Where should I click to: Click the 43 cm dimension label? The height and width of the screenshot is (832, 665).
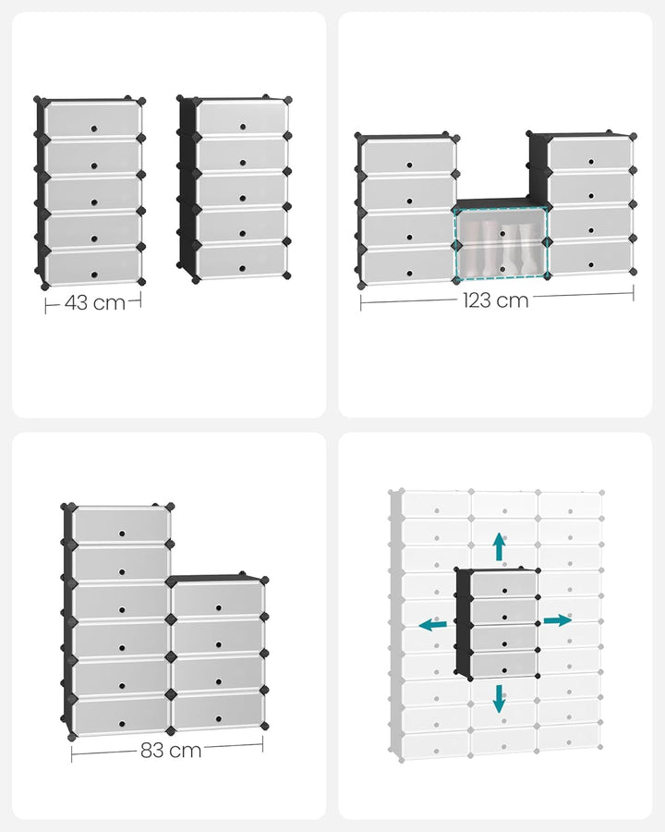pyautogui.click(x=95, y=302)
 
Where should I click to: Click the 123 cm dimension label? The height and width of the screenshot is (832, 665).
pyautogui.click(x=497, y=300)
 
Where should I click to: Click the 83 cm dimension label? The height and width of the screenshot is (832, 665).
pyautogui.click(x=172, y=751)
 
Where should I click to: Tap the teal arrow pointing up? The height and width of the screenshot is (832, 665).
pyautogui.click(x=499, y=546)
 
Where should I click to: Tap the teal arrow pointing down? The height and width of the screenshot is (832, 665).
pyautogui.click(x=499, y=698)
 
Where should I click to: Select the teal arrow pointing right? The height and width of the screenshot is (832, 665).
pyautogui.click(x=557, y=620)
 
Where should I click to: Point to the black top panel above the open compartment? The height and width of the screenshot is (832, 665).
pyautogui.click(x=501, y=204)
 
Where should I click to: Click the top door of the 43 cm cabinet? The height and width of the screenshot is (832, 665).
pyautogui.click(x=93, y=118)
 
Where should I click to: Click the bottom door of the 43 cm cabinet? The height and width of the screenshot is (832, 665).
pyautogui.click(x=93, y=267)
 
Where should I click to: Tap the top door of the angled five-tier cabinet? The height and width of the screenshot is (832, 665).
pyautogui.click(x=242, y=117)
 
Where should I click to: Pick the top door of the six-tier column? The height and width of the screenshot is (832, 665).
pyautogui.click(x=122, y=525)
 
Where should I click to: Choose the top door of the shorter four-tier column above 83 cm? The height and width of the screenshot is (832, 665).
pyautogui.click(x=218, y=601)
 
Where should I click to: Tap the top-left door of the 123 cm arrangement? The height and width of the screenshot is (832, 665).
pyautogui.click(x=407, y=156)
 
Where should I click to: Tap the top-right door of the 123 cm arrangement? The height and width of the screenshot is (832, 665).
pyautogui.click(x=590, y=153)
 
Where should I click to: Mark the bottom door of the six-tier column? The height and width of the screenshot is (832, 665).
pyautogui.click(x=120, y=714)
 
